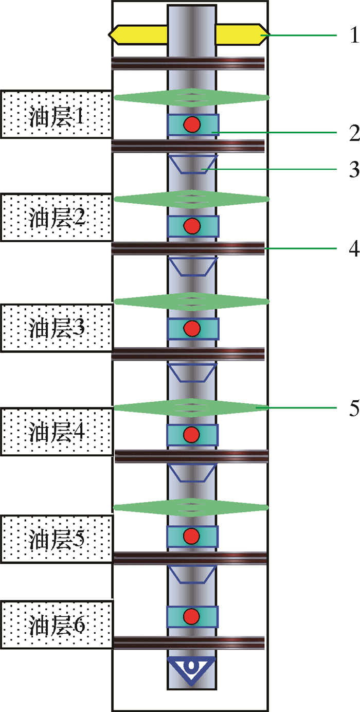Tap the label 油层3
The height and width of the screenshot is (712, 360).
pos(57,328)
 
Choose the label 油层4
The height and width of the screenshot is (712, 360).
pos(57,432)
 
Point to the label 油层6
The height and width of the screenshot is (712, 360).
pos(57,626)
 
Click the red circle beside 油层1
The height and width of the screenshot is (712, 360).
pos(192,124)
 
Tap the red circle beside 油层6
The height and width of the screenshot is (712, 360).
pos(192,616)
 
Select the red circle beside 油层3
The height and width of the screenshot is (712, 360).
pos(192,328)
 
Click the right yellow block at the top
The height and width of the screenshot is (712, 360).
pos(240,34)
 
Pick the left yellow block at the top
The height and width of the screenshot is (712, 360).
pos(138,34)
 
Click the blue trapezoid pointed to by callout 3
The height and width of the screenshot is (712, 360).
pos(193,164)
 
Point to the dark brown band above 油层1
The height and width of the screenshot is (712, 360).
pos(188,63)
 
